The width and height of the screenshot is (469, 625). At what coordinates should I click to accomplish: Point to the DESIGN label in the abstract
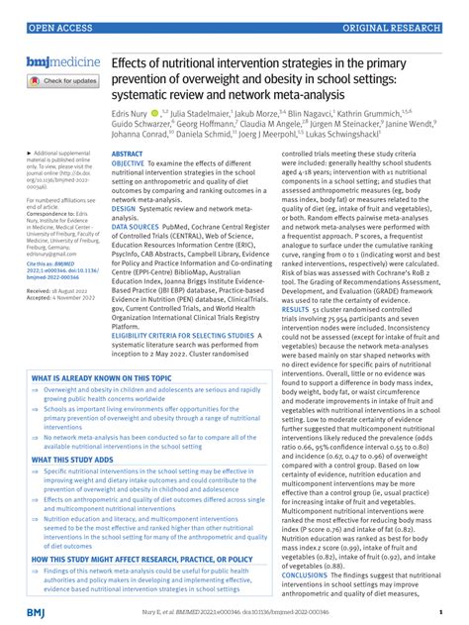125,210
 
